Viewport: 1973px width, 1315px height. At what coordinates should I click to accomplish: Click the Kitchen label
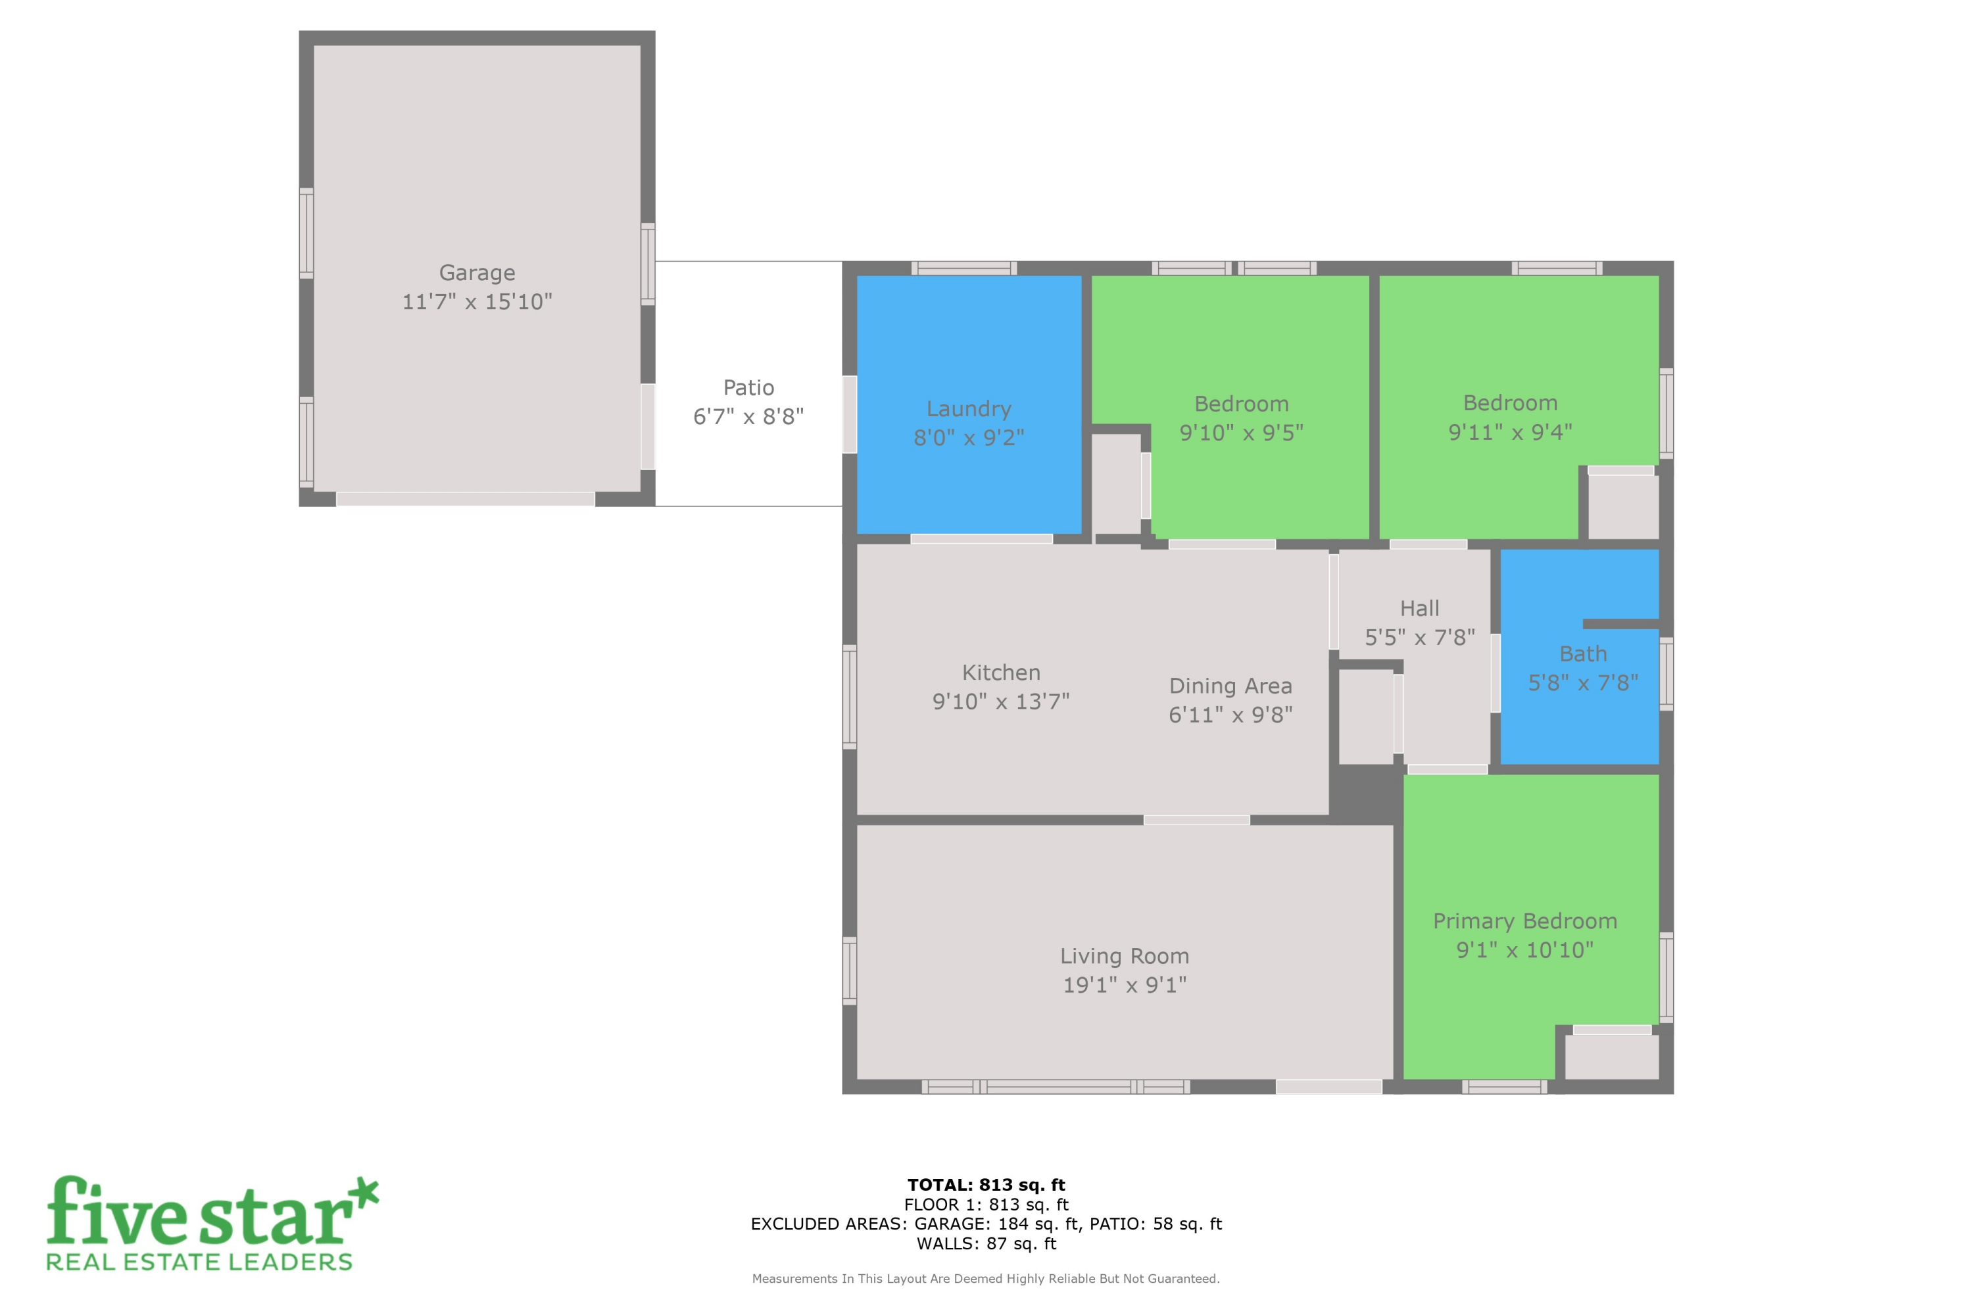coord(1001,673)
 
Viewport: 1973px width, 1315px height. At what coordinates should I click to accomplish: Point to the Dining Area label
coord(1230,686)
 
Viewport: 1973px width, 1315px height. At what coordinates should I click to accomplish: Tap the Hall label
coord(1419,609)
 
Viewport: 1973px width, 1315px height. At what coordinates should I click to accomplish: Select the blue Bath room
coord(1577,713)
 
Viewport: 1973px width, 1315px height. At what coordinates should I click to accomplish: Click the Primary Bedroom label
coord(1524,921)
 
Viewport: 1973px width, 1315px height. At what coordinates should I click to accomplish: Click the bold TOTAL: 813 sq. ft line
coord(986,1185)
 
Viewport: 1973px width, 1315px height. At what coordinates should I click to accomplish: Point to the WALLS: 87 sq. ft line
coord(986,1244)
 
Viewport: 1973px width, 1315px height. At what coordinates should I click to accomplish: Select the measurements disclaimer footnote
coord(986,1279)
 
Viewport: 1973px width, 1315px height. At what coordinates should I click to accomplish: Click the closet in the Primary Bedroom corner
coord(1611,1057)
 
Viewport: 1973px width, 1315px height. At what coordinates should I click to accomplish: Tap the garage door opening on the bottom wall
coord(465,499)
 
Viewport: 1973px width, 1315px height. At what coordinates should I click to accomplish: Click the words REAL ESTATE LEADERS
coord(200,1262)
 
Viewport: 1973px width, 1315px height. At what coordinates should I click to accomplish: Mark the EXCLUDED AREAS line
coord(986,1224)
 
